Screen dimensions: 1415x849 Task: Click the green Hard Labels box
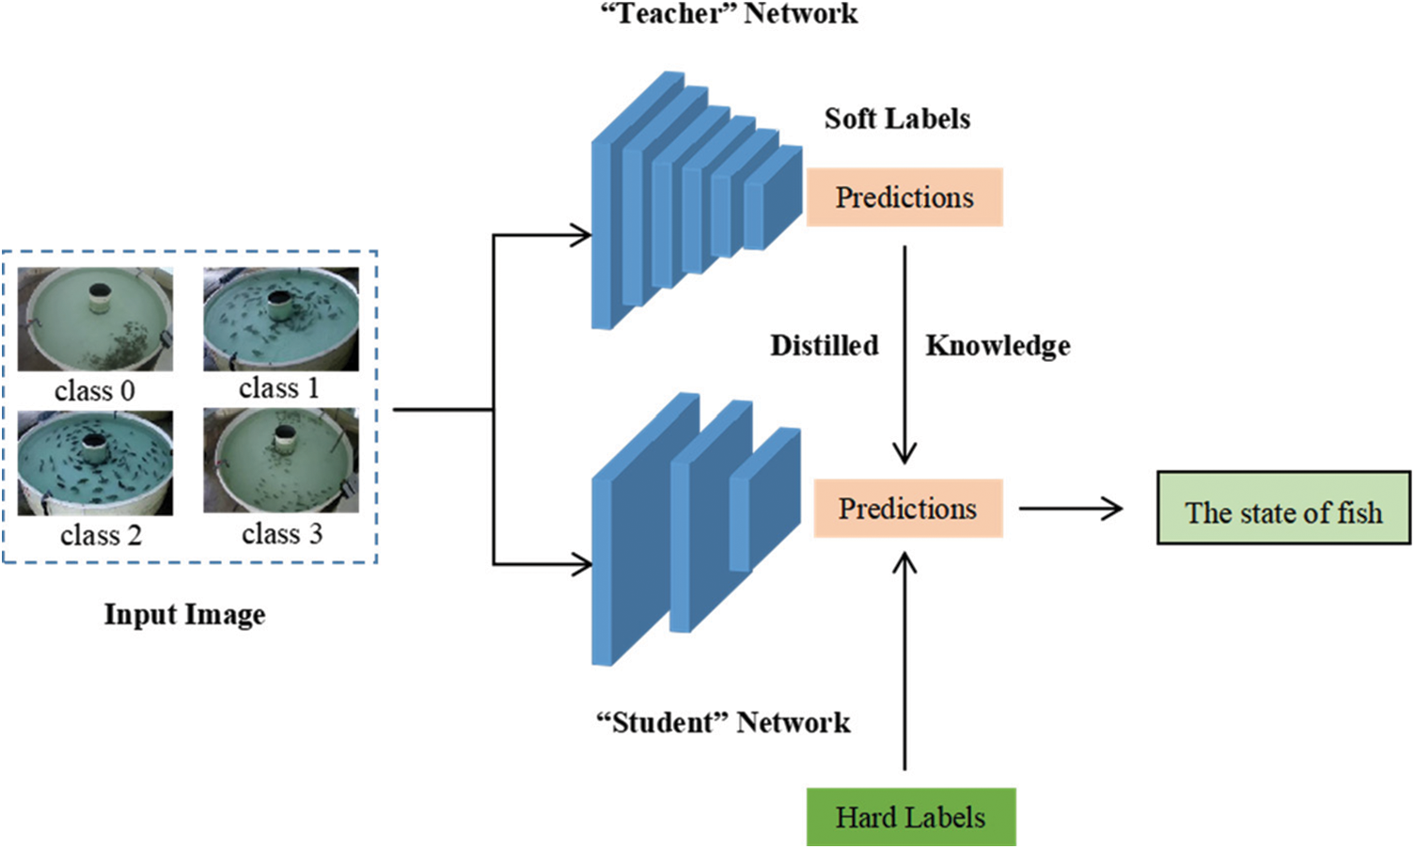pyautogui.click(x=911, y=817)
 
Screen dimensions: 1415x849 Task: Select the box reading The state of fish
pyautogui.click(x=1283, y=508)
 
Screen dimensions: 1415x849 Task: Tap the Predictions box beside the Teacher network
pyautogui.click(x=904, y=197)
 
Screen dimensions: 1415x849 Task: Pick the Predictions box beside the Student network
pyautogui.click(x=907, y=509)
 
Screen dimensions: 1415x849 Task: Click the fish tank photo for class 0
pyautogui.click(x=95, y=319)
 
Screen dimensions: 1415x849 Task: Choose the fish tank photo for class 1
pyautogui.click(x=281, y=319)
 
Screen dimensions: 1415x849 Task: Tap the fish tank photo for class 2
pyautogui.click(x=95, y=463)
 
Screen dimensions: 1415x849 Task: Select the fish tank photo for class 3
pyautogui.click(x=281, y=460)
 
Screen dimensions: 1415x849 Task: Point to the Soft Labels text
pyautogui.click(x=897, y=118)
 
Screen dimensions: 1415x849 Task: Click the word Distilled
pyautogui.click(x=825, y=346)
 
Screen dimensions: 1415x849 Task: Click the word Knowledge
pyautogui.click(x=998, y=347)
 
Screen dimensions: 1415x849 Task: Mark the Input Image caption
pyautogui.click(x=184, y=615)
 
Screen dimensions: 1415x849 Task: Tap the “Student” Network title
pyautogui.click(x=724, y=723)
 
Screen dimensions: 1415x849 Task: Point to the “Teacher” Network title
pyautogui.click(x=730, y=13)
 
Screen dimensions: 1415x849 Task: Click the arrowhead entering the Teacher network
pyautogui.click(x=580, y=236)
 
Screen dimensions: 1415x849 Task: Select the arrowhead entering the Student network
pyautogui.click(x=580, y=564)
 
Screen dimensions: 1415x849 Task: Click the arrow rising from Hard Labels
pyautogui.click(x=904, y=661)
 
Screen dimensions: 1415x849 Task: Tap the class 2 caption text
pyautogui.click(x=102, y=535)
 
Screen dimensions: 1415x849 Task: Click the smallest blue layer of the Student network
pyautogui.click(x=765, y=500)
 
